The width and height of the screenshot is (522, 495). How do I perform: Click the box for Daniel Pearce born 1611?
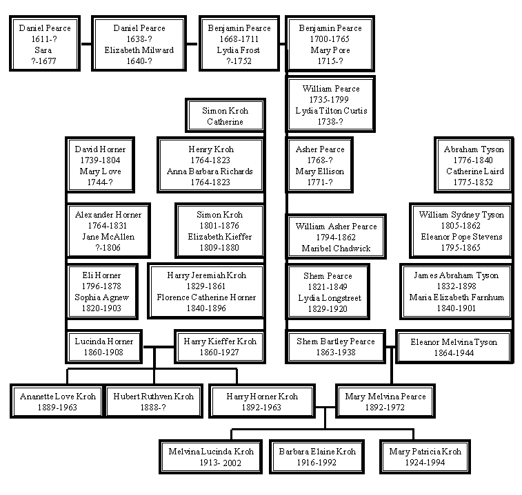[x=44, y=44]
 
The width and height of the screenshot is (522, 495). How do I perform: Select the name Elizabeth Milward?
[x=139, y=50]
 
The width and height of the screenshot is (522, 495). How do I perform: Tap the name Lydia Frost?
[x=239, y=50]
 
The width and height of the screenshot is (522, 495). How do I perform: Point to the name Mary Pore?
[x=330, y=50]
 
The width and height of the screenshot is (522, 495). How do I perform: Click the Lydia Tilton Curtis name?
[x=331, y=110]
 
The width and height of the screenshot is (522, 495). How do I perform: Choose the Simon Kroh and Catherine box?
[x=225, y=116]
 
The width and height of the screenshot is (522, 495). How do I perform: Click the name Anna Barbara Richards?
[x=210, y=171]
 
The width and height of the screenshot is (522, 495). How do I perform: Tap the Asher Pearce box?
[x=321, y=165]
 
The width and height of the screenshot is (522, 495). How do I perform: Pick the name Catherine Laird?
[x=474, y=171]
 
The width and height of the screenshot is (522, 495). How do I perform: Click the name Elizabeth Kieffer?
[x=219, y=237]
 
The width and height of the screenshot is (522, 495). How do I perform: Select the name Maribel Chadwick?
[x=336, y=248]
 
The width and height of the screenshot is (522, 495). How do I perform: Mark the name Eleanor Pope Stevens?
[x=461, y=237]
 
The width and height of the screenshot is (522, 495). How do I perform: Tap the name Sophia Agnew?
[x=101, y=297]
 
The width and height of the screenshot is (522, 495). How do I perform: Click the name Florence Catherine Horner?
[x=206, y=297]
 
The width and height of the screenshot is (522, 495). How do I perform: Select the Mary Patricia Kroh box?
[x=425, y=456]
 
